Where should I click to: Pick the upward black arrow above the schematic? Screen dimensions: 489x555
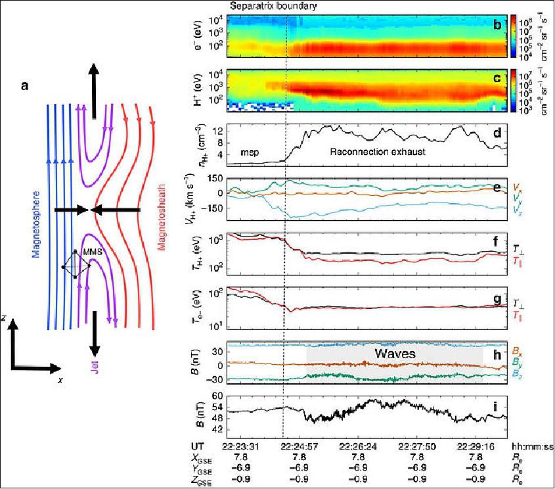click(x=95, y=89)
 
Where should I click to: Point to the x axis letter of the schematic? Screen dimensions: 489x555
click(x=60, y=379)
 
